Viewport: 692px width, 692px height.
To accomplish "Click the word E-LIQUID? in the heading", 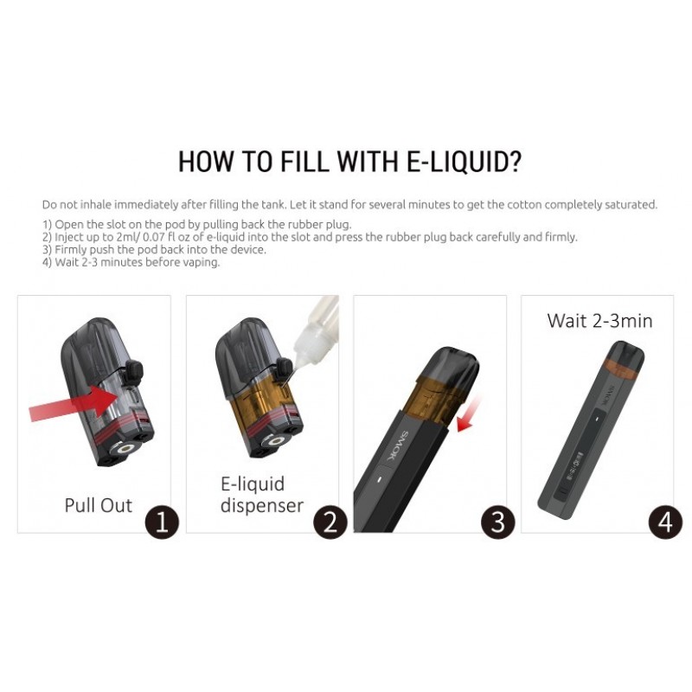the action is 463,161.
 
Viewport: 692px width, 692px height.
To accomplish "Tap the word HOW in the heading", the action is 206,161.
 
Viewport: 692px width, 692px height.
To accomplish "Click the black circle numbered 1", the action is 162,522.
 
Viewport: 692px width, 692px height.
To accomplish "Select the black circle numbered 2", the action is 330,522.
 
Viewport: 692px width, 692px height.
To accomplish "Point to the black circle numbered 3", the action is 498,522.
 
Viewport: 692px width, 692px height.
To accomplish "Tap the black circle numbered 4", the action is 665,522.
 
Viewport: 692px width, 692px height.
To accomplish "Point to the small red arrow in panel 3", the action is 469,414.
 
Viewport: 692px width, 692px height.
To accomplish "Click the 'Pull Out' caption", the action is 98,505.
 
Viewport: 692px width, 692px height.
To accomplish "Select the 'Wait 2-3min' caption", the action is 599,321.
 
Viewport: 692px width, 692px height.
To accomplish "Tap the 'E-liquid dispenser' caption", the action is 262,495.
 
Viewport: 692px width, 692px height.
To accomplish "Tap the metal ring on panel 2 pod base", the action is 277,441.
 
